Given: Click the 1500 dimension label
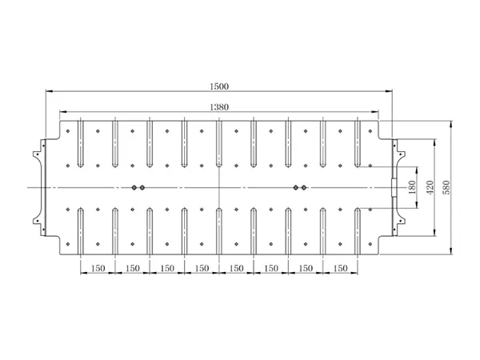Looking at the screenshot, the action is point(219,86).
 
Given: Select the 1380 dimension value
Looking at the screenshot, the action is point(219,107).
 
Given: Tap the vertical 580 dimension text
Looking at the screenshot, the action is point(446,187).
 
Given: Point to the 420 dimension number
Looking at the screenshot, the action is point(430,187).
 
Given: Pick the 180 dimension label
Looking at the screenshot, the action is point(412,187).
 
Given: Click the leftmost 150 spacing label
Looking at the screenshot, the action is point(98,269).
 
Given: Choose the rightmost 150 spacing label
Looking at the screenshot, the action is point(341,269).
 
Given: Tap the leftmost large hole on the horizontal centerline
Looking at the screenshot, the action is point(134,187).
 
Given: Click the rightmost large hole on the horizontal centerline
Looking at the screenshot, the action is point(304,187).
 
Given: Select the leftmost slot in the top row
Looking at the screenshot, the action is point(80,144).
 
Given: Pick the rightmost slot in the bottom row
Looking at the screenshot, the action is point(358,231).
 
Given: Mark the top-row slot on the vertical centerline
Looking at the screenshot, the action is point(219,144).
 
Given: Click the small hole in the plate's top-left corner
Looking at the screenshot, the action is point(68,131).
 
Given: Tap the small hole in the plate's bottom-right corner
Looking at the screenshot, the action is point(370,244).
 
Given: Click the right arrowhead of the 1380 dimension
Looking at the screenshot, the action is point(375,112).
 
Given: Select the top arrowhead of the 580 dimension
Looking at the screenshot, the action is point(451,125).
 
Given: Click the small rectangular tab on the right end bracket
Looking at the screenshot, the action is point(394,187).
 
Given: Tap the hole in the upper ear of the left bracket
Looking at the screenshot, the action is point(38,154).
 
